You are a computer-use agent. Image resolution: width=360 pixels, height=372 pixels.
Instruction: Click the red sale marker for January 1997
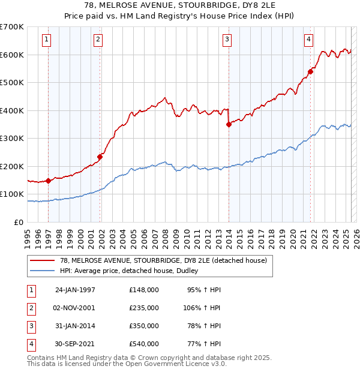[48, 181]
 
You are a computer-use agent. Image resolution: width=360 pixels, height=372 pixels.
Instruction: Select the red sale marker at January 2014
[229, 125]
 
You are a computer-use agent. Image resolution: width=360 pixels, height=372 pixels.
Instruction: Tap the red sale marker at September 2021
[310, 72]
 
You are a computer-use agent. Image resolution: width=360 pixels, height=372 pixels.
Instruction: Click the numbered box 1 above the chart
[46, 40]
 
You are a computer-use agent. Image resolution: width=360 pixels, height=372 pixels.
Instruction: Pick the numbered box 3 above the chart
[227, 40]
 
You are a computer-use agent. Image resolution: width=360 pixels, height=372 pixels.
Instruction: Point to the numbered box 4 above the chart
[308, 40]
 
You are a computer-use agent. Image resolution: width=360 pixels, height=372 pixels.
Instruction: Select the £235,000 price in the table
[144, 307]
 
